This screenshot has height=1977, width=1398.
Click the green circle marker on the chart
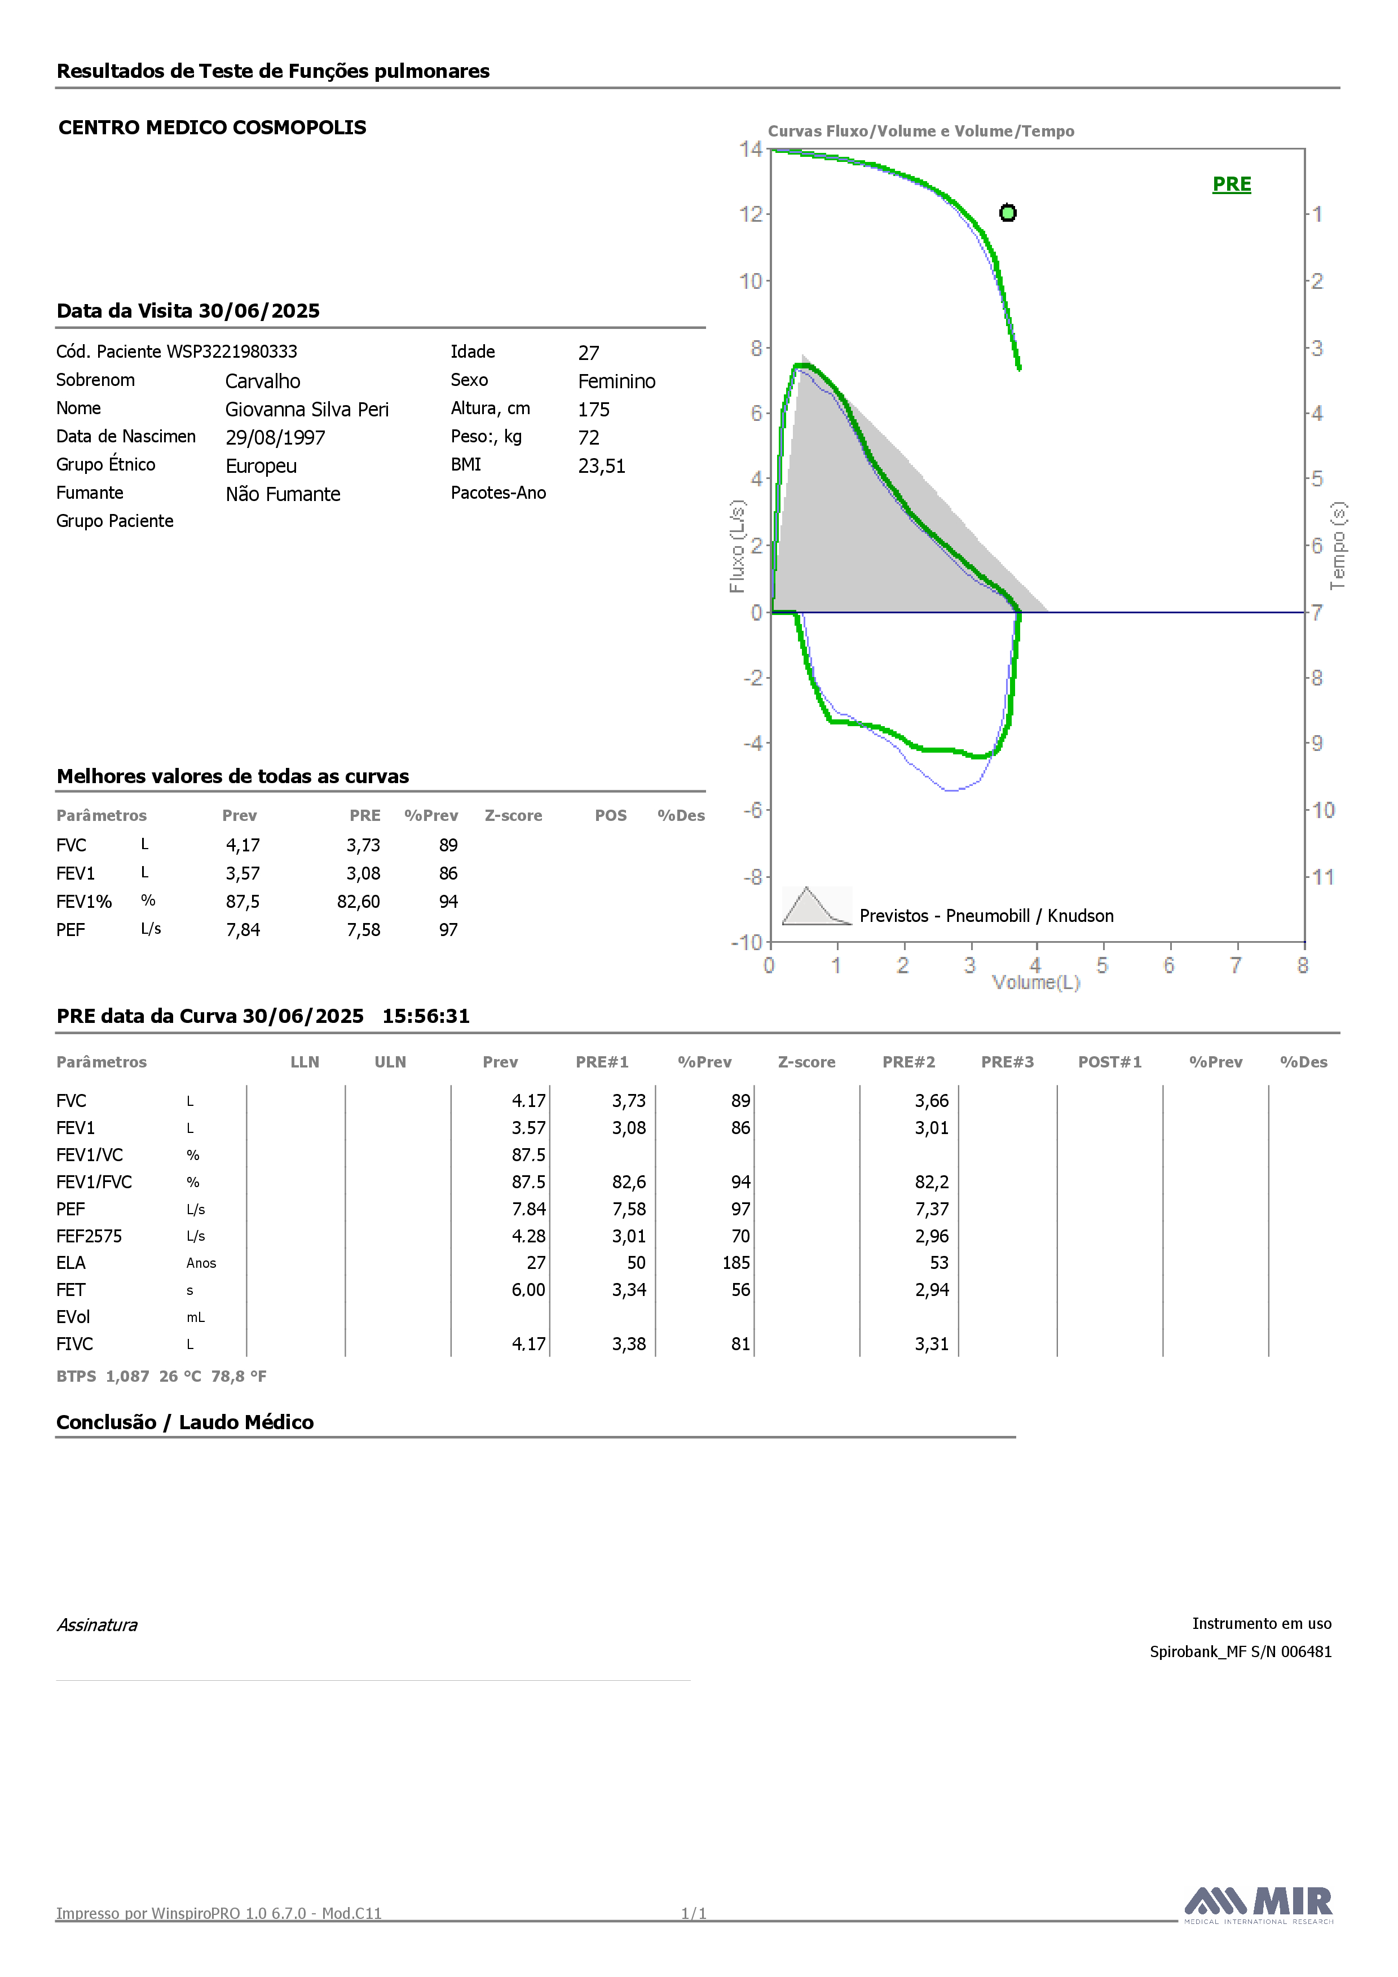[x=1008, y=213]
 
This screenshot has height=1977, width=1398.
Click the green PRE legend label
[x=1232, y=184]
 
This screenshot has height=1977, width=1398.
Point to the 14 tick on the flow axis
[x=751, y=149]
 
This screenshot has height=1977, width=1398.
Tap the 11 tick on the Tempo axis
[x=1323, y=877]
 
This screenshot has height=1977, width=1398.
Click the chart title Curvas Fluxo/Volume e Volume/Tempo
[x=921, y=131]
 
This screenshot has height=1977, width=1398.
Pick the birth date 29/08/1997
[x=275, y=437]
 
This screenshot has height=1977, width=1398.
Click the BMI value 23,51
[x=602, y=466]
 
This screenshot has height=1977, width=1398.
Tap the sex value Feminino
[x=616, y=381]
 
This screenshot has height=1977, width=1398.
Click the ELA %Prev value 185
[x=736, y=1263]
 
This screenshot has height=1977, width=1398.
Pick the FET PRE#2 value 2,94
[x=932, y=1290]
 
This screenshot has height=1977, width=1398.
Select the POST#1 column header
[x=1110, y=1062]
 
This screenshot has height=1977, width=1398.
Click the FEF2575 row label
[x=90, y=1237]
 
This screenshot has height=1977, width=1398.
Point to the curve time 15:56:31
[x=426, y=1016]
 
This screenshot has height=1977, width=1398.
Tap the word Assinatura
[x=97, y=1625]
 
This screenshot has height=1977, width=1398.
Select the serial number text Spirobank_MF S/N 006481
[x=1241, y=1651]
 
